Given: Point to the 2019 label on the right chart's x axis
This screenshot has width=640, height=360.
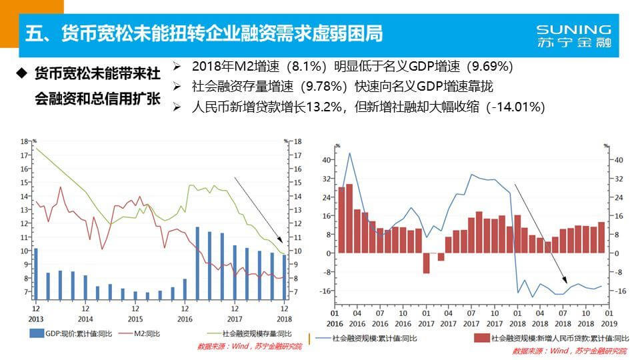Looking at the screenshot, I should pos(609,322).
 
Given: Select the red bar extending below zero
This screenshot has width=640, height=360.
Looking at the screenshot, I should pos(427,263).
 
